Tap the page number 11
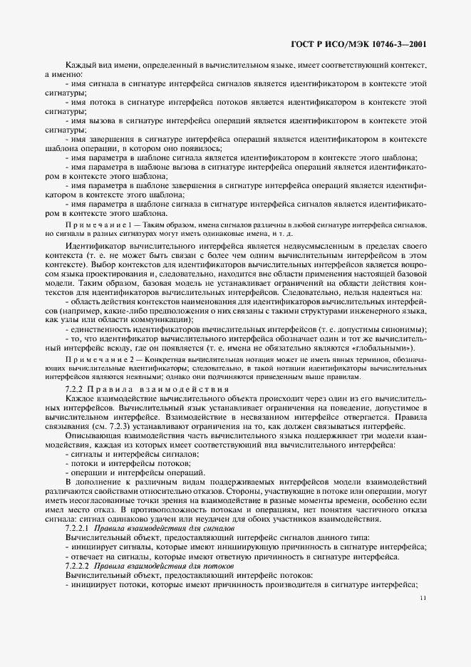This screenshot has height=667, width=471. point(423,609)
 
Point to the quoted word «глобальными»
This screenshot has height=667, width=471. point(386,347)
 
